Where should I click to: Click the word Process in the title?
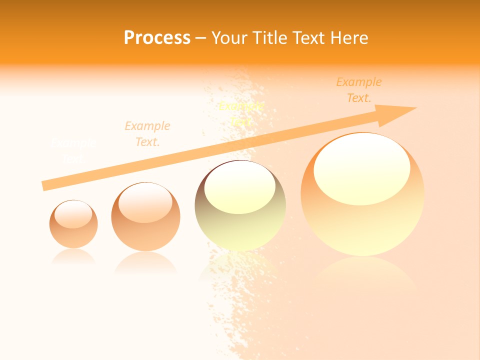coord(157,38)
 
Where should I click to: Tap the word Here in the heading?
coord(349,38)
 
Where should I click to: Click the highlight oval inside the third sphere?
coord(240,187)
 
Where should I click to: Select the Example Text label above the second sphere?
coord(147,134)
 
